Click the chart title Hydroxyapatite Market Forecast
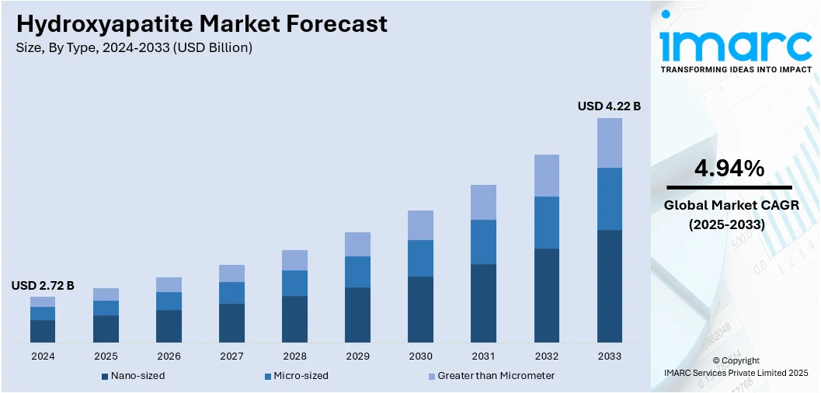[201, 24]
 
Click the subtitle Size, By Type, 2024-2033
[134, 48]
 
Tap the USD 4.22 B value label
[609, 106]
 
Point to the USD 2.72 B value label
[43, 286]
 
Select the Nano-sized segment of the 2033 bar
[610, 286]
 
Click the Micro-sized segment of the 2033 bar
[610, 199]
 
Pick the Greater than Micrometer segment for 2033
[610, 143]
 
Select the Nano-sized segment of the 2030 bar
[421, 309]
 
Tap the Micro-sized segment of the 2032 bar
[547, 222]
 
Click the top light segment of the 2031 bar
[484, 202]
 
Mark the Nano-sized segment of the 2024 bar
[43, 331]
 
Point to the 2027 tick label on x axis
[231, 356]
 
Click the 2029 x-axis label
[357, 356]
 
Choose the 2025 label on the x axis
[106, 356]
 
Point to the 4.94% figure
[729, 168]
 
